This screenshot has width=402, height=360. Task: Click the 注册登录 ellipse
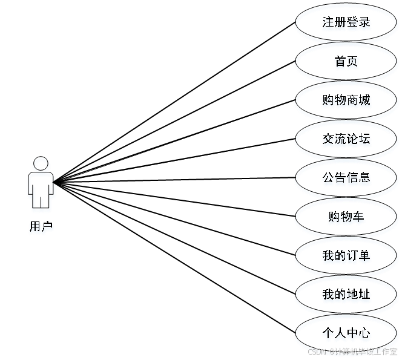346,24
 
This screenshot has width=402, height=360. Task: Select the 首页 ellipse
346,62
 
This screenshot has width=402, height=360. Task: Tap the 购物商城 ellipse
346,101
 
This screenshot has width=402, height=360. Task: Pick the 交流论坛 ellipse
346,140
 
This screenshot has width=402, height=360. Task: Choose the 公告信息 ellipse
346,178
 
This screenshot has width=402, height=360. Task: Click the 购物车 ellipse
346,217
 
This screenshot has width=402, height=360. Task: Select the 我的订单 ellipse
346,256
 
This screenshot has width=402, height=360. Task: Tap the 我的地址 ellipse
346,295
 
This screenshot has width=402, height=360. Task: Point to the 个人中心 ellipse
346,333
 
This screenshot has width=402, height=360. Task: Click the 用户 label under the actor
41,227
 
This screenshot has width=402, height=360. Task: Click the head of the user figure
41,164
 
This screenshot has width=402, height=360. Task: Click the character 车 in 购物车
359,217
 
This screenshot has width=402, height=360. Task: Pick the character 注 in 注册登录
328,24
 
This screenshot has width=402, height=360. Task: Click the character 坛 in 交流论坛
365,140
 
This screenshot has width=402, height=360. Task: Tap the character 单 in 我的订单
365,256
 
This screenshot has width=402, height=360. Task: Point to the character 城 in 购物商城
365,101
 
